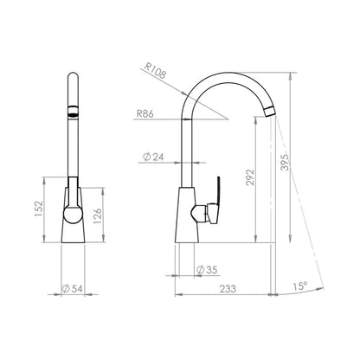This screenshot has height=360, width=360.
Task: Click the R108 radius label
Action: pos(155,70)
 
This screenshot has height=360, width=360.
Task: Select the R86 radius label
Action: pos(145,113)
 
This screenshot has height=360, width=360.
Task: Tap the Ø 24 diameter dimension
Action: pos(153,157)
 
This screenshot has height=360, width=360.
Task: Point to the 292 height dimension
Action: pos(250,177)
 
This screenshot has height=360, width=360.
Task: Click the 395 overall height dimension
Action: pos(285,163)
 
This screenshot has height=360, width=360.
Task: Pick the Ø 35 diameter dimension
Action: pos(207,270)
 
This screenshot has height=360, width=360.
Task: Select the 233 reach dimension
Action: pos(228,288)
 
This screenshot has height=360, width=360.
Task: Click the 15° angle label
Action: pos(300,286)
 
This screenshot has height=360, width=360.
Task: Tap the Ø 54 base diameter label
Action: pos(73,288)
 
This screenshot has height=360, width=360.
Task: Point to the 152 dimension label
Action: pos(39,209)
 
